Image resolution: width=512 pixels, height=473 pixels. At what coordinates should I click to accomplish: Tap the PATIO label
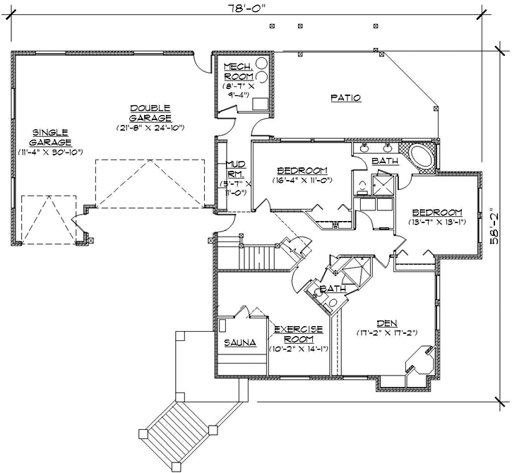pyautogui.click(x=346, y=98)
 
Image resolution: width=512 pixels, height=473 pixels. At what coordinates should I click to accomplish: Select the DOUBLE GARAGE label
pyautogui.click(x=150, y=113)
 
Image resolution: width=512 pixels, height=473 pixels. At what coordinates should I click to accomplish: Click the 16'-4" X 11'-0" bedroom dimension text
pyautogui.click(x=302, y=180)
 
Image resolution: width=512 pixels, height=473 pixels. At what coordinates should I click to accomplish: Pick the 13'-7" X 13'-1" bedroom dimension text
pyautogui.click(x=437, y=222)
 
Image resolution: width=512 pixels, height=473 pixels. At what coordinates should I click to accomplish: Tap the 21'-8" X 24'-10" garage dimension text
pyautogui.click(x=150, y=128)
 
